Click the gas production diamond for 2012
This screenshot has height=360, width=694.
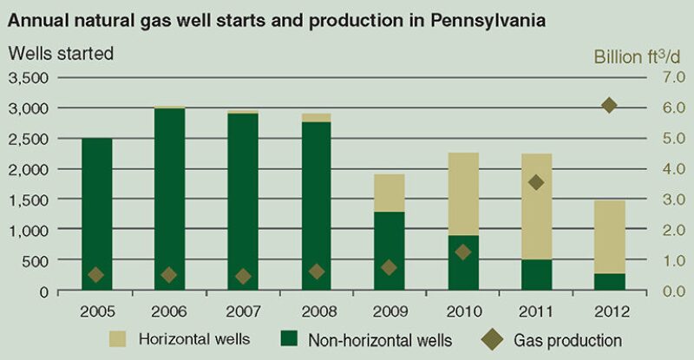point(609,105)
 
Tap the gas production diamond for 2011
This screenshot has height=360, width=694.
point(536,182)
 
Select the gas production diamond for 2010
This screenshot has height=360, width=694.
point(463,252)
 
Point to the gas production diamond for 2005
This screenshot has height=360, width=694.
point(96,275)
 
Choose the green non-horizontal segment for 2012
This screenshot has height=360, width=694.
point(609,282)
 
